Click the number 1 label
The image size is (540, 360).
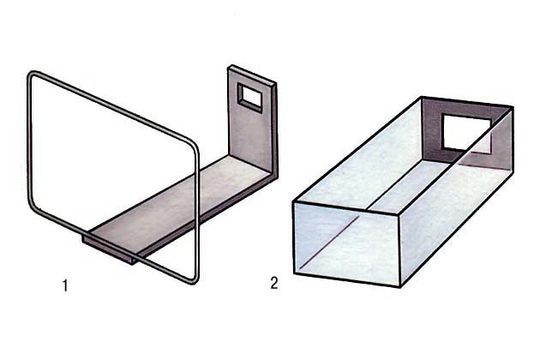[65, 286]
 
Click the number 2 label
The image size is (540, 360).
[274, 283]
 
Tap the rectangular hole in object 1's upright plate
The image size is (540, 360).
[250, 98]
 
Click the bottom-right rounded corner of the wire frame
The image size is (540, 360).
[194, 278]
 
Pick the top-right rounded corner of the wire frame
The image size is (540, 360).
[192, 144]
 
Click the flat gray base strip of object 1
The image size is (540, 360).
[179, 203]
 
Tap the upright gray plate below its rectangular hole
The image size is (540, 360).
[251, 138]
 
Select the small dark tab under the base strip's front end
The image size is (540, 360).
[109, 249]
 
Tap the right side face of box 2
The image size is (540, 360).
[456, 200]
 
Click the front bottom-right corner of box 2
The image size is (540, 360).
[400, 286]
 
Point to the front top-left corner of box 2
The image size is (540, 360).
[293, 202]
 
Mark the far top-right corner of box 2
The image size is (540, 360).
[513, 107]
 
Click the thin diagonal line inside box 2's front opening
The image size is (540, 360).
[329, 243]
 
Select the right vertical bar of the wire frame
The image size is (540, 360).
[198, 212]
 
